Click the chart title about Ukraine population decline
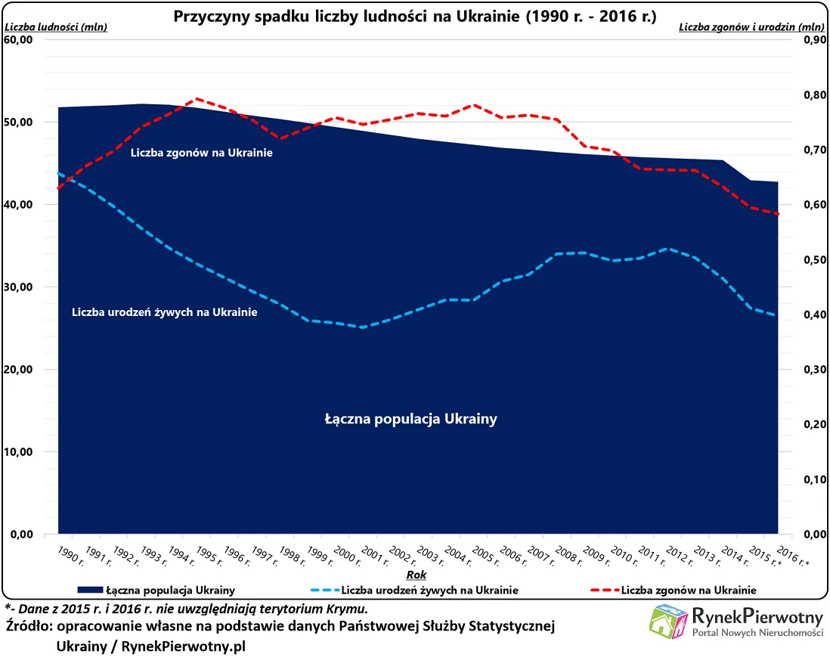[415, 16]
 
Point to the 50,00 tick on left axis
[19, 122]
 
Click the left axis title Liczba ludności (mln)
[56, 28]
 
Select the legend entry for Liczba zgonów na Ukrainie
[688, 590]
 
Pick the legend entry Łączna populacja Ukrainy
[169, 590]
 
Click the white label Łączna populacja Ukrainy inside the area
[410, 419]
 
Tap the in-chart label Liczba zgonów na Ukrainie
[201, 153]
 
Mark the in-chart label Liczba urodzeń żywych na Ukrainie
[164, 312]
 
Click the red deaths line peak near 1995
[197, 98]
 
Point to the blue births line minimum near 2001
[363, 327]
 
